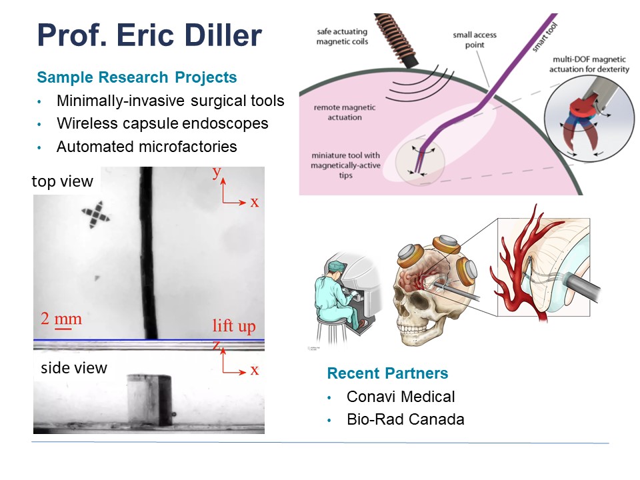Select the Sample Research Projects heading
[137, 77]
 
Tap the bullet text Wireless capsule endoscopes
[163, 123]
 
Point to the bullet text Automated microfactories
[147, 147]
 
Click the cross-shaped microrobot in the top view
[95, 214]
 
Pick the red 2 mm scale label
[61, 319]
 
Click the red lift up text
[234, 326]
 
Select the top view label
[63, 181]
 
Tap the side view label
[74, 368]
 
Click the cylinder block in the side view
[149, 400]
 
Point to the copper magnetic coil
[397, 40]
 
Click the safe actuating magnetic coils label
[342, 36]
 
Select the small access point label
[474, 39]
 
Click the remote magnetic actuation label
[345, 112]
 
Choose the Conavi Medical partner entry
[401, 396]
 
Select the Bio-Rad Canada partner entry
[405, 419]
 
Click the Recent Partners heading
[387, 373]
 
